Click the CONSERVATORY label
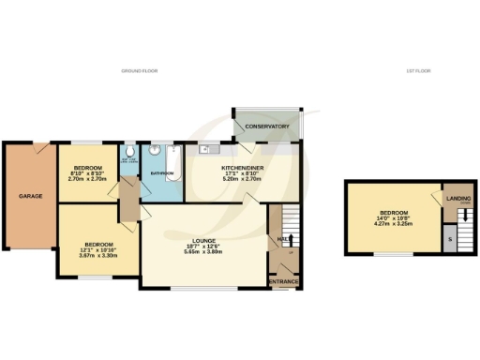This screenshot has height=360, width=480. pos(266,126)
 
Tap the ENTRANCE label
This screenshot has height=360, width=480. pos(284,281)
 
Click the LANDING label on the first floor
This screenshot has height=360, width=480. pos(457,198)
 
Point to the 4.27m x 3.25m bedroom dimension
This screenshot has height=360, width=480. pos(393,223)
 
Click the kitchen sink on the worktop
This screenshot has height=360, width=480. pos(203,148)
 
